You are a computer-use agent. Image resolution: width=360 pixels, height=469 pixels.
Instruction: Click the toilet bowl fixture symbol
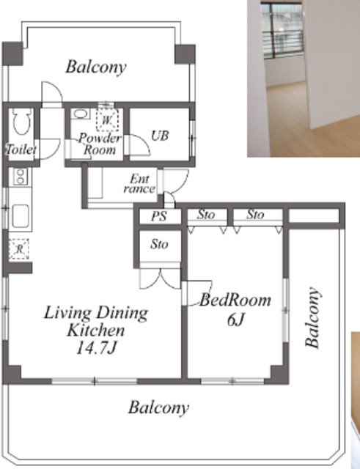[x=22, y=122]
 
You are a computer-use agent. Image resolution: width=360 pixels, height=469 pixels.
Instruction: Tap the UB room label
[x=160, y=136]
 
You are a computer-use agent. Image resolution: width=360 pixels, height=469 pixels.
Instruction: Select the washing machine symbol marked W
[x=107, y=120]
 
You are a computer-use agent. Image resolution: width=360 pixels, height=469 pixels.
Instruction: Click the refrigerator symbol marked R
[x=19, y=249]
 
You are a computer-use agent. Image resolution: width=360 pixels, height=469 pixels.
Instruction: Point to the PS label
[x=158, y=216]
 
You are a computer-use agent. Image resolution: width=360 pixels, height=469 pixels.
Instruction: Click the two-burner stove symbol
[x=20, y=177]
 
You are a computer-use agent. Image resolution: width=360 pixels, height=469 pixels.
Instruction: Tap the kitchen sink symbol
[x=21, y=216]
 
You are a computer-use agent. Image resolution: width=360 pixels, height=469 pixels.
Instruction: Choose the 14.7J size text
[x=96, y=348]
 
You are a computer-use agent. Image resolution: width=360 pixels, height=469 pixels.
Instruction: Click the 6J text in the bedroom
[x=236, y=320]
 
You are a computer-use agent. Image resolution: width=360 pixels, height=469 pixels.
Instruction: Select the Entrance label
[x=139, y=184]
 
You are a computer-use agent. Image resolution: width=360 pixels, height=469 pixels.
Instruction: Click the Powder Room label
[x=100, y=144]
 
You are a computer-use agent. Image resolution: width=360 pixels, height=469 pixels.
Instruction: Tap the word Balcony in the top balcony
[x=96, y=67]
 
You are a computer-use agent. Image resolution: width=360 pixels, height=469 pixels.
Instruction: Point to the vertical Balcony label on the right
[x=313, y=317]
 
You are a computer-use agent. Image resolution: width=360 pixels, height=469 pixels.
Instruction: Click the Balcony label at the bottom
[x=158, y=407]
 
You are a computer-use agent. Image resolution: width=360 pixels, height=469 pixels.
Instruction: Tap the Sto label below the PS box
[x=159, y=245]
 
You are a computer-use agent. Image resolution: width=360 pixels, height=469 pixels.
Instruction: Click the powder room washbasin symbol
[x=80, y=114]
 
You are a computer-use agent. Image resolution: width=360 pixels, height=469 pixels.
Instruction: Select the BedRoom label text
[x=235, y=300]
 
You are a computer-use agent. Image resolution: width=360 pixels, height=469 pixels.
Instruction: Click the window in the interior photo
[x=282, y=31]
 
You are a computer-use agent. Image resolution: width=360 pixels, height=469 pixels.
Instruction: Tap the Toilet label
[x=21, y=149]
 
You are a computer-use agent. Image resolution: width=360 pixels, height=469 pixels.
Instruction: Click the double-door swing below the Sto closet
[x=161, y=278]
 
